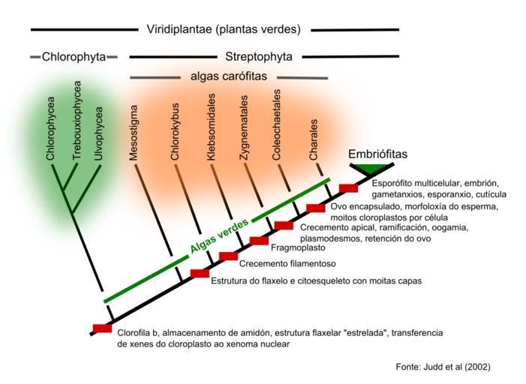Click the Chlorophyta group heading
(74, 56)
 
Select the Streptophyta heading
(259, 56)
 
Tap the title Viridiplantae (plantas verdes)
(223, 30)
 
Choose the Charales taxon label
(314, 139)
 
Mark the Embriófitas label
(378, 154)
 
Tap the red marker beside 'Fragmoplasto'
(259, 240)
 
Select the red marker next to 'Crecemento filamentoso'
(229, 256)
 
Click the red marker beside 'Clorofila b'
(102, 328)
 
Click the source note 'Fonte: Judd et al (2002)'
(443, 367)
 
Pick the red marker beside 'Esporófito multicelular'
(349, 188)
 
